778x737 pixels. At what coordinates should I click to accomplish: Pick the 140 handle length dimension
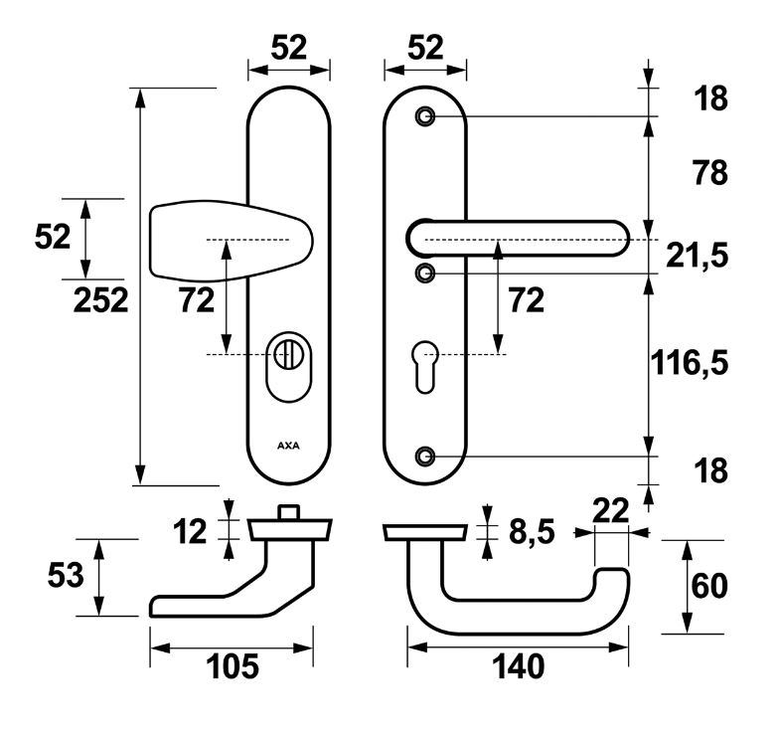click(x=516, y=666)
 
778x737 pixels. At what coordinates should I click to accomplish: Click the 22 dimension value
click(x=610, y=511)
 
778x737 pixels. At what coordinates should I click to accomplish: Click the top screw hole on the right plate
click(x=426, y=116)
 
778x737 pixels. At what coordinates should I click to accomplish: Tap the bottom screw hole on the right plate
click(x=426, y=457)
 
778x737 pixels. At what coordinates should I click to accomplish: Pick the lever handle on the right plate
click(x=518, y=240)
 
